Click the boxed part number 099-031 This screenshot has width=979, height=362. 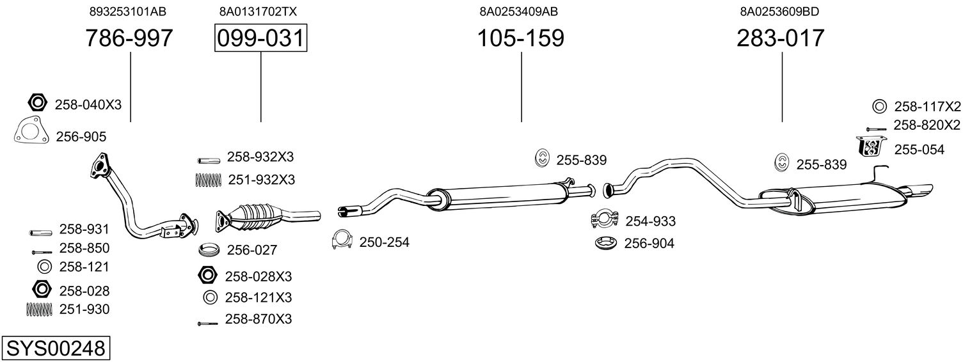click(x=260, y=38)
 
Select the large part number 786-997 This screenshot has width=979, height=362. click(x=129, y=38)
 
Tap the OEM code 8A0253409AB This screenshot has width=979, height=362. click(x=519, y=12)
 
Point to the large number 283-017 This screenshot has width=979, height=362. click(x=780, y=38)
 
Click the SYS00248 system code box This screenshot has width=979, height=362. click(x=56, y=349)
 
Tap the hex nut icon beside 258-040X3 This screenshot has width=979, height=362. click(x=37, y=103)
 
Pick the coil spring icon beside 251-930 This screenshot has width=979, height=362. click(x=39, y=309)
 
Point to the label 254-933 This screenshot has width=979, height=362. click(x=650, y=221)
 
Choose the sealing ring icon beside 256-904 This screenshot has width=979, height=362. click(x=606, y=243)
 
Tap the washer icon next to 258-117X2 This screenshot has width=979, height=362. click(x=879, y=107)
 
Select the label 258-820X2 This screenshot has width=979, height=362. click(x=927, y=125)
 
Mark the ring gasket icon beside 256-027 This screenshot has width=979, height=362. click(x=209, y=250)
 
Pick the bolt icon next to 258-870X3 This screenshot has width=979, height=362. click(x=207, y=324)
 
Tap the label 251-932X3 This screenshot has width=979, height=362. click(x=261, y=180)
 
